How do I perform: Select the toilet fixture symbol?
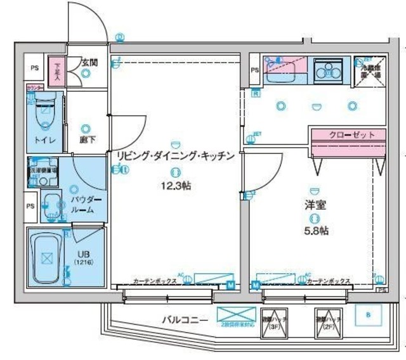[44, 114]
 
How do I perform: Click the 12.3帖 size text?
[176, 186]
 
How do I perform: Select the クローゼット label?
[348, 134]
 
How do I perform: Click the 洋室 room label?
[314, 206]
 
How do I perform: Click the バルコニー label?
[184, 319]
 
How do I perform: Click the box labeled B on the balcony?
[369, 315]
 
